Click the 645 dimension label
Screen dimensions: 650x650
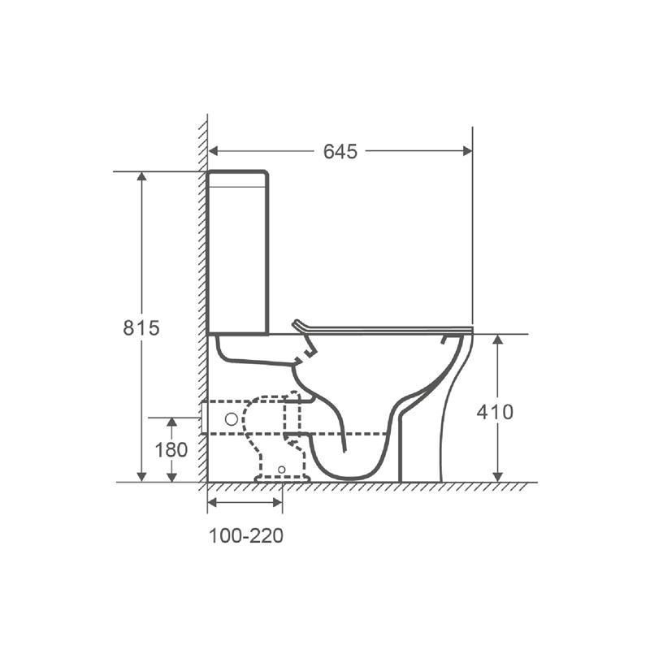click(x=340, y=152)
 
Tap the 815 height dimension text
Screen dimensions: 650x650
click(x=141, y=328)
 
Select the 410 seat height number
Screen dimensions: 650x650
click(x=495, y=412)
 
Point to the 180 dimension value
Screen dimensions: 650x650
click(x=171, y=450)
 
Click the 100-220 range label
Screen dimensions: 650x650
click(x=246, y=536)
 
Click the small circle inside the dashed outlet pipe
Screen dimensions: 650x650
click(x=232, y=419)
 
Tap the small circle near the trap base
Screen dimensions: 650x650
click(x=282, y=470)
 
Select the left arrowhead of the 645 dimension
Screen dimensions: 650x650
click(x=213, y=151)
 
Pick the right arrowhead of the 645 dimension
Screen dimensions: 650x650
click(x=467, y=151)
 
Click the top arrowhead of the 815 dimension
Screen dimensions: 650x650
click(x=141, y=176)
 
